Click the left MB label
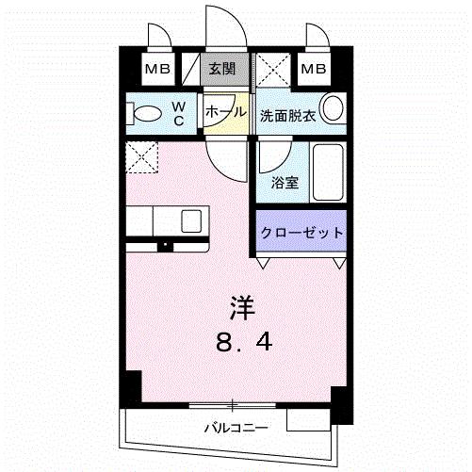157,69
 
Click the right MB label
314,69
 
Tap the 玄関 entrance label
221,69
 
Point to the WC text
178,113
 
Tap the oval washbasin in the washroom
333,107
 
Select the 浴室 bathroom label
285,183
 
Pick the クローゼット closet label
300,233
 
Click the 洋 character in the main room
243,307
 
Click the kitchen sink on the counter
191,220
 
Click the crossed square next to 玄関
274,70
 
